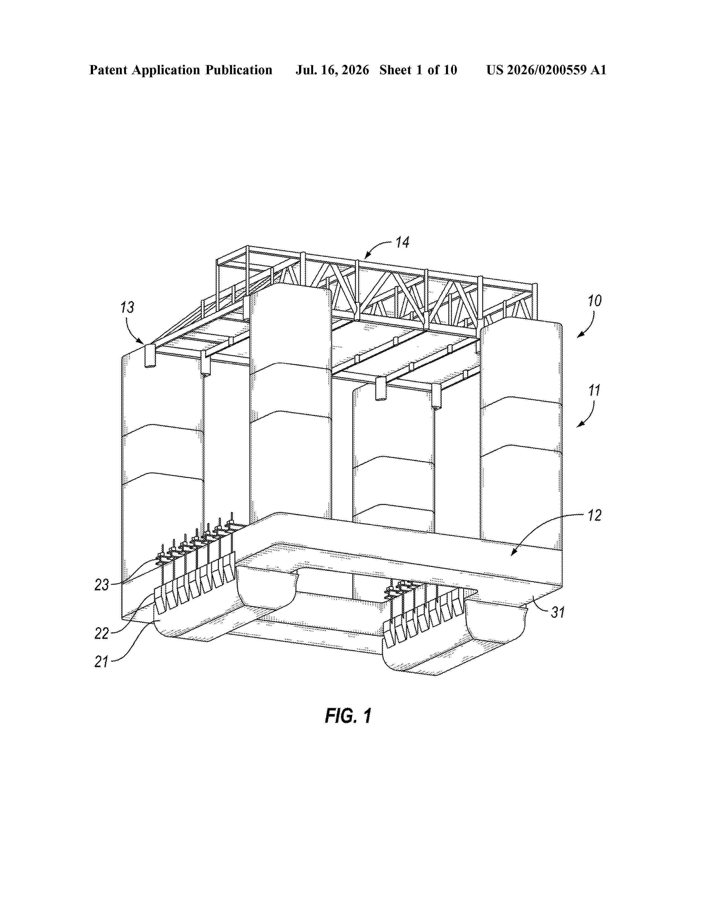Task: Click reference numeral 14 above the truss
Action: click(x=402, y=242)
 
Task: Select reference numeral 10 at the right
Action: click(x=594, y=301)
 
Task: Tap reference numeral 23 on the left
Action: click(x=102, y=585)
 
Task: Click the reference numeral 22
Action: click(x=102, y=634)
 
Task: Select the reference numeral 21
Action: click(x=102, y=662)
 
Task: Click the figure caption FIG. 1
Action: click(x=348, y=716)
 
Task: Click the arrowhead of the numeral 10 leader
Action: click(x=578, y=336)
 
